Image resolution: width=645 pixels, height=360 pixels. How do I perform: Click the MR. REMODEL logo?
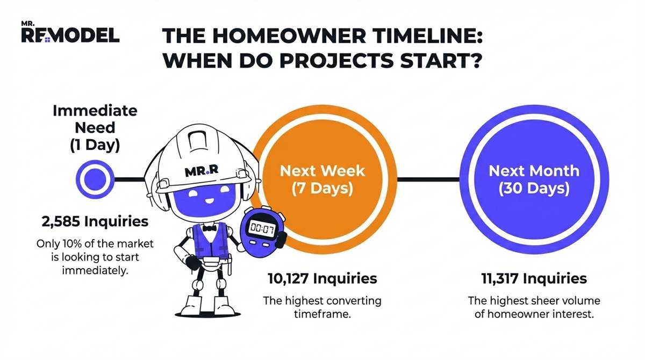(70, 33)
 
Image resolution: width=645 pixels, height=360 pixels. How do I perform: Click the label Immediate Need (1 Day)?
(95, 128)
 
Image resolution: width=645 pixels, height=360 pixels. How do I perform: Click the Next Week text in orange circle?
(322, 171)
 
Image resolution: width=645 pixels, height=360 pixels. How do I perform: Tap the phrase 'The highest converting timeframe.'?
(322, 307)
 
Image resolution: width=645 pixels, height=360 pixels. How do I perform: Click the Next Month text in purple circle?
(534, 171)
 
